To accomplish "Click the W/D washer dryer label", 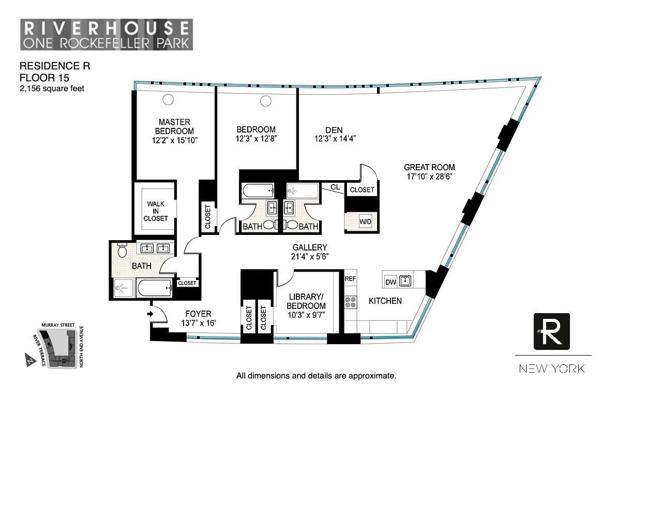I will pyautogui.click(x=365, y=222).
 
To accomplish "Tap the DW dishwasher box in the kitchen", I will pyautogui.click(x=391, y=282).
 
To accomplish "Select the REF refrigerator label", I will pyautogui.click(x=351, y=278).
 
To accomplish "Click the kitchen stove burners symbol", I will pyautogui.click(x=351, y=302).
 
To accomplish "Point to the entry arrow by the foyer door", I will pyautogui.click(x=151, y=314).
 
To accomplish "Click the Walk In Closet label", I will pyautogui.click(x=156, y=211).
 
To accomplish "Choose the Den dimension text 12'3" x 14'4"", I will pyautogui.click(x=335, y=139).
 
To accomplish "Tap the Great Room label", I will pyautogui.click(x=429, y=167).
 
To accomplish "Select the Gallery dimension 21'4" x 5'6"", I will pyautogui.click(x=309, y=256).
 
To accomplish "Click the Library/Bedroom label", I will pyautogui.click(x=306, y=301).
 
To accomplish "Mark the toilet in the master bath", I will pyautogui.click(x=123, y=251).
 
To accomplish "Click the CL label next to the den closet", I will pyautogui.click(x=335, y=187).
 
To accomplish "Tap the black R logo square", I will pyautogui.click(x=551, y=331).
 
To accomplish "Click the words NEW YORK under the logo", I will pyautogui.click(x=552, y=369).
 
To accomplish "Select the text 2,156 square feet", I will pyautogui.click(x=52, y=89).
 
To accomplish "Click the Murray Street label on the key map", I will pyautogui.click(x=58, y=325).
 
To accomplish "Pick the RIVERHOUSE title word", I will pyautogui.click(x=107, y=27).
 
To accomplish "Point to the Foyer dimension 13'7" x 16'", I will pyautogui.click(x=198, y=323).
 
